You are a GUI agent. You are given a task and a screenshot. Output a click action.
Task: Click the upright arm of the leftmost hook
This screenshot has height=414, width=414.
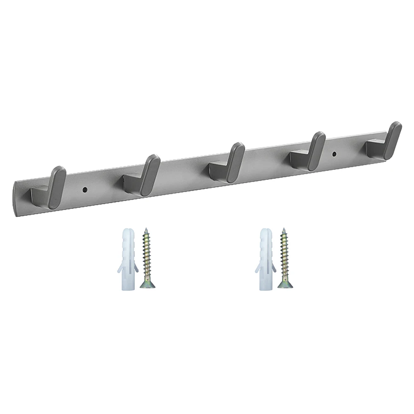pyautogui.click(x=56, y=187)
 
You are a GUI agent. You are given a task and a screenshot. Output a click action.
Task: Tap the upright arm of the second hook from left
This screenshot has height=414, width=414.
pyautogui.click(x=150, y=175)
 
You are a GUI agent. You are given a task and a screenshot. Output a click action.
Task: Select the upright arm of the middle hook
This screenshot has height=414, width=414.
pyautogui.click(x=235, y=163)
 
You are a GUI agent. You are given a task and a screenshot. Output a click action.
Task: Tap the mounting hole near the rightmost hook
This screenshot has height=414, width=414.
pyautogui.click(x=335, y=154)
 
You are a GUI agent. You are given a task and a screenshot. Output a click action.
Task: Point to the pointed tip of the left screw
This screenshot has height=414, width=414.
pyautogui.click(x=146, y=229)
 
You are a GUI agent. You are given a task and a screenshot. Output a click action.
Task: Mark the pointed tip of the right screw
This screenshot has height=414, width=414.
pyautogui.click(x=284, y=229)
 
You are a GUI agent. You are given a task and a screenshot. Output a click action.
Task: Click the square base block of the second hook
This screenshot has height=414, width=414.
pyautogui.click(x=132, y=182)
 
